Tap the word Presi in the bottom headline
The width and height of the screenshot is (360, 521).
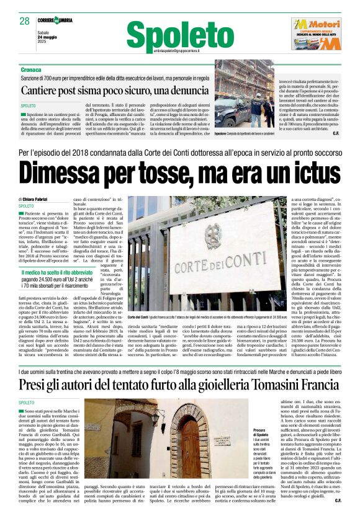(x=39, y=384)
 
